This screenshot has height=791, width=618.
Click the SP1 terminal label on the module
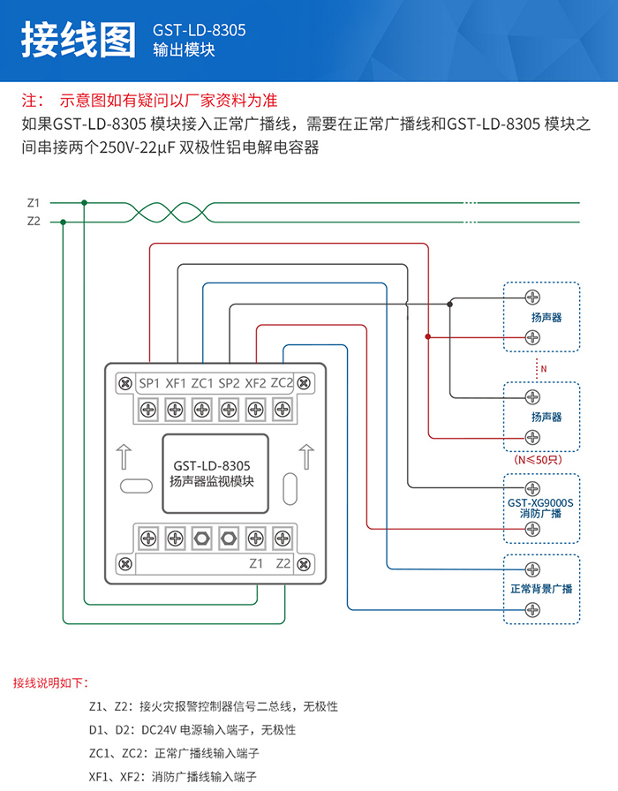click(149, 383)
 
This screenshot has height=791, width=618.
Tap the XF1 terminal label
click(176, 383)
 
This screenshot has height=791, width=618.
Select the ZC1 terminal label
click(202, 383)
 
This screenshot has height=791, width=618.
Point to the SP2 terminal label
click(229, 383)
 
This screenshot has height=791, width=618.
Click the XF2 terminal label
click(255, 383)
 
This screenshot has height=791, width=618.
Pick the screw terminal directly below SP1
click(148, 409)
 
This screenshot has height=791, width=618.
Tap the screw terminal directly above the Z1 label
click(256, 539)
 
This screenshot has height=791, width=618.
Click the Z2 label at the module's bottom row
click(283, 563)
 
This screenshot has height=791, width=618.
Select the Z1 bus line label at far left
click(34, 203)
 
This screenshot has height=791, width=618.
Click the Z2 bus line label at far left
click(34, 221)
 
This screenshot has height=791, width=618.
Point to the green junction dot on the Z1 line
click(84, 203)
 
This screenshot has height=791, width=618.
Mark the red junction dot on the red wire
click(428, 336)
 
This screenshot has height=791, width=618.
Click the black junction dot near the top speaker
click(449, 305)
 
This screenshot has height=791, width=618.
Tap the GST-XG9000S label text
click(540, 503)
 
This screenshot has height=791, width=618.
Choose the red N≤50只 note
click(538, 460)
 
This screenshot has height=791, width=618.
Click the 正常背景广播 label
click(541, 589)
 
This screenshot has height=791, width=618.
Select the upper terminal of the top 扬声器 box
click(532, 298)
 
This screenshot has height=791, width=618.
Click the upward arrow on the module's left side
click(124, 456)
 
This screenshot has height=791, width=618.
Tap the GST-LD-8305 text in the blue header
click(200, 30)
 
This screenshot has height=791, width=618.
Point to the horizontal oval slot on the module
click(136, 486)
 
